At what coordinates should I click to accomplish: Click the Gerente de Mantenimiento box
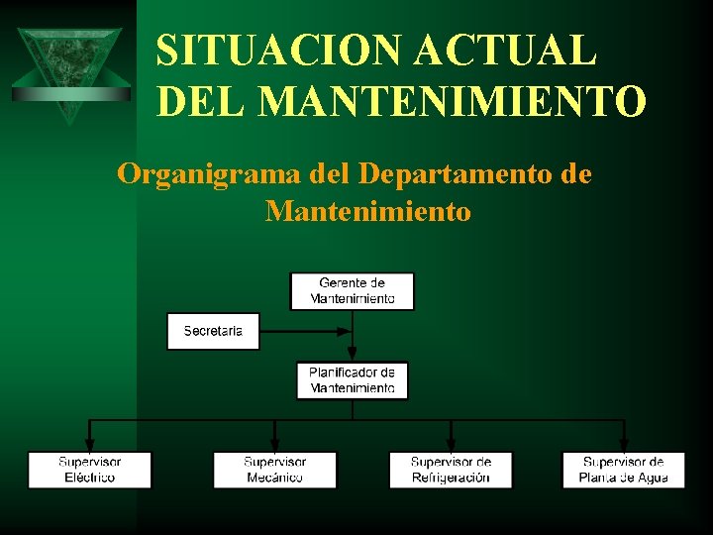[x=352, y=291]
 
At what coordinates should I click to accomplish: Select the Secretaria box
[x=213, y=331]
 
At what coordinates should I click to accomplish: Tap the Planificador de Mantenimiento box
[x=352, y=380]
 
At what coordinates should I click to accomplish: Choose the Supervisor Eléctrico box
[x=90, y=470]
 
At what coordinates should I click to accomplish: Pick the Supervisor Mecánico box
[x=275, y=470]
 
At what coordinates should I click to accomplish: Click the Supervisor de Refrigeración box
[x=451, y=470]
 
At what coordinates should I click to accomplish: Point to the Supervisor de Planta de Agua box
[x=624, y=470]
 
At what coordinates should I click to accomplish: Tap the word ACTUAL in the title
[x=513, y=51]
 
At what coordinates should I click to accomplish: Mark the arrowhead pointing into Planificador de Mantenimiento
[x=353, y=356]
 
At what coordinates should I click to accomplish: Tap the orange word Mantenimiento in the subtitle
[x=368, y=211]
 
